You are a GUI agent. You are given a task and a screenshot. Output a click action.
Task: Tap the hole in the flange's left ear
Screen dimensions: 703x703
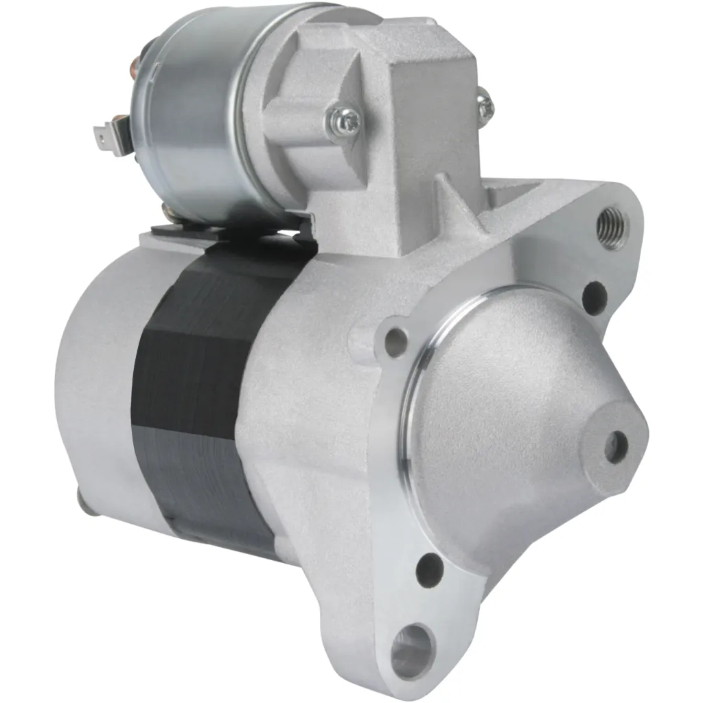point(395,341)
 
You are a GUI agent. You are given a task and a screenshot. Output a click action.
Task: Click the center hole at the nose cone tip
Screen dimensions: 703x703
point(616,446)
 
